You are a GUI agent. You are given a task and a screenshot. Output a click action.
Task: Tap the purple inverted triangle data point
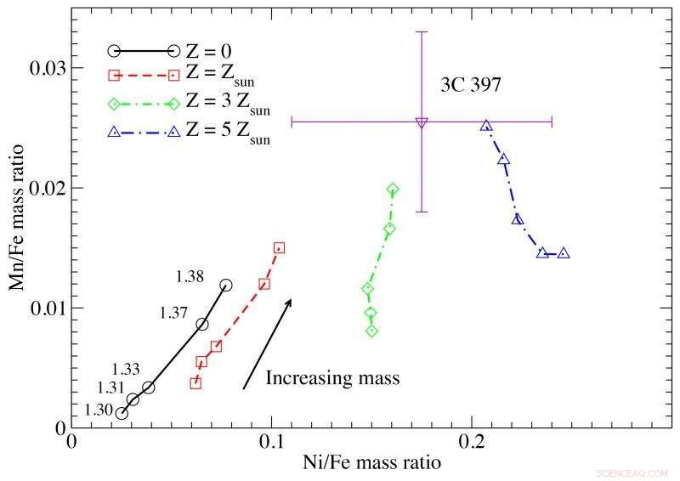pos(422,122)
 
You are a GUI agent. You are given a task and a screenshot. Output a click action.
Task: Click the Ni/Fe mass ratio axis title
pos(371,464)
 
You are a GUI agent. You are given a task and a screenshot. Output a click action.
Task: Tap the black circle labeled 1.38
pos(225,286)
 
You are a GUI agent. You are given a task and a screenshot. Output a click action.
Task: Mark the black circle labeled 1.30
pos(122,414)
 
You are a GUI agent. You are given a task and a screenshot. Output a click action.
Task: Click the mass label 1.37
pos(174,313)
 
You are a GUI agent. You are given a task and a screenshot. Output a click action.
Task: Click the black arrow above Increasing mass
pos(267,344)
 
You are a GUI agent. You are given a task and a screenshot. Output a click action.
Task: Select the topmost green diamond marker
pos(393,190)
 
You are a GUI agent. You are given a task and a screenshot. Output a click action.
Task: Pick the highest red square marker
pos(279,248)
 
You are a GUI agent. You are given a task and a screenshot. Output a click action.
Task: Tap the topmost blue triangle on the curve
pos(486,126)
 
